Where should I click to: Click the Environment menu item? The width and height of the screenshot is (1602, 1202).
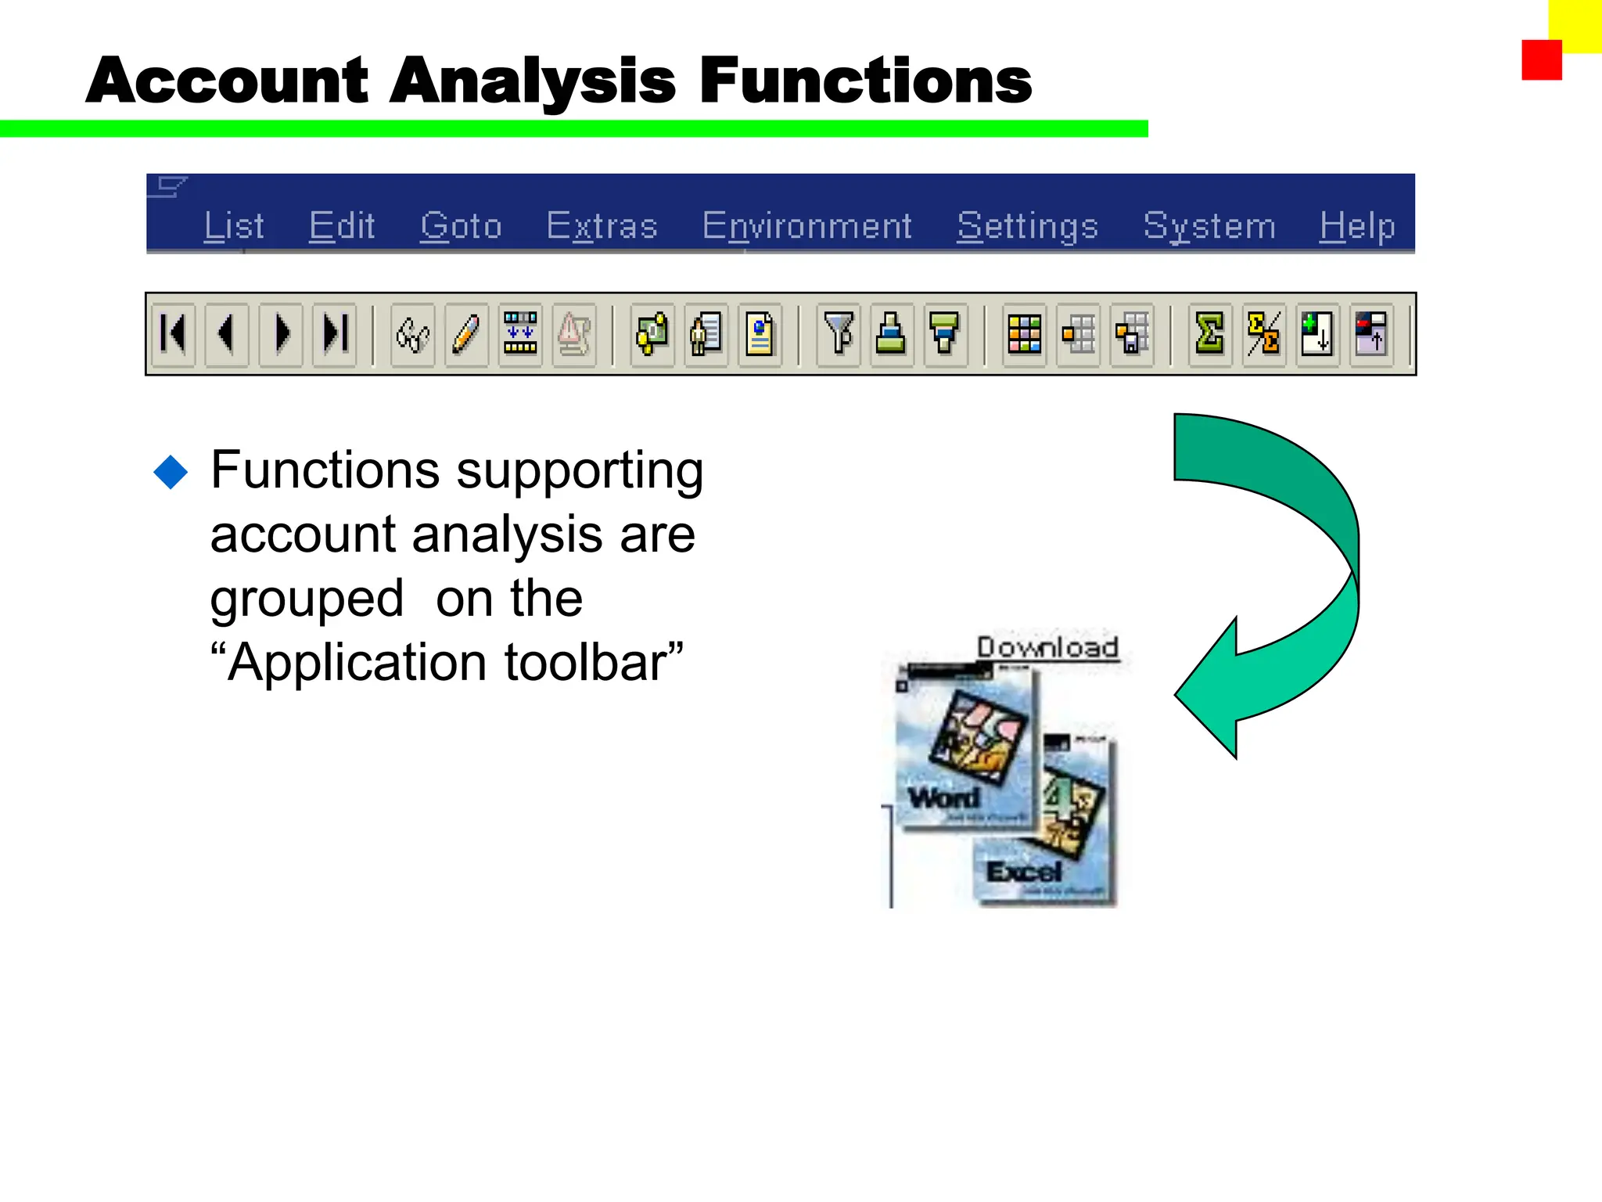(x=806, y=226)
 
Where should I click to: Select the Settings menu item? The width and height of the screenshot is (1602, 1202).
(x=1027, y=226)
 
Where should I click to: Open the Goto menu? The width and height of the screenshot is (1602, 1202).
(x=460, y=226)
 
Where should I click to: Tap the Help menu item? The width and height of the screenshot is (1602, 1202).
(x=1356, y=226)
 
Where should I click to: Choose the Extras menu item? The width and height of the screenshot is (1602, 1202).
(x=602, y=226)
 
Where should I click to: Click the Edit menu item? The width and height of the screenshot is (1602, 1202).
(x=342, y=226)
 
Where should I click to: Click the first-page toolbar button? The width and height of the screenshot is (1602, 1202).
(x=173, y=334)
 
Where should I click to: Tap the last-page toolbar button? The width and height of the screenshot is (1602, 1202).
(x=335, y=334)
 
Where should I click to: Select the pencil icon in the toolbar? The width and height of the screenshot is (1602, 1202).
(x=466, y=334)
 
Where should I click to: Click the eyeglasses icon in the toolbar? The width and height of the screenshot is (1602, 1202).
(x=412, y=334)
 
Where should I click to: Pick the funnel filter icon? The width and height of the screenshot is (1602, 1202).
(x=839, y=334)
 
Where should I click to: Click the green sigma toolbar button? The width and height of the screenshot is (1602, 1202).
(x=1209, y=334)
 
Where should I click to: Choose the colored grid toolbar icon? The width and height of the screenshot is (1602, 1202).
(x=1024, y=334)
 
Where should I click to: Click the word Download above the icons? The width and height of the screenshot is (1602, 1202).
(x=1047, y=647)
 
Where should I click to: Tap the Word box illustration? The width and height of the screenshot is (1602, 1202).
(x=966, y=747)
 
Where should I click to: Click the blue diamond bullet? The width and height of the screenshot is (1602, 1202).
(x=171, y=472)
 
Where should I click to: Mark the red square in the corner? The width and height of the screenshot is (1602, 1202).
(x=1541, y=60)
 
